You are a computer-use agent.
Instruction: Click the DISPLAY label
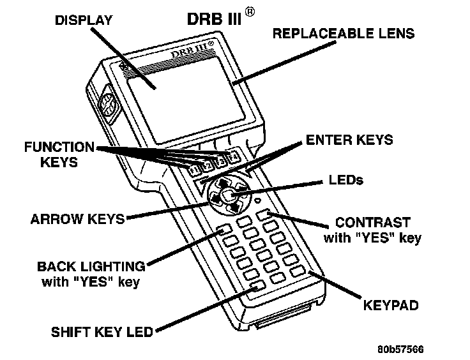[83, 20]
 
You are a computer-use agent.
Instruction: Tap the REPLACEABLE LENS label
[344, 33]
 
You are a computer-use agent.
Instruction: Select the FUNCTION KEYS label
[59, 154]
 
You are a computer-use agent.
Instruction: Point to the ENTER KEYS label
[349, 139]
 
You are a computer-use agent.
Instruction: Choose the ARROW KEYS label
[77, 219]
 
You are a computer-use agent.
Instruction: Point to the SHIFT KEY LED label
[103, 332]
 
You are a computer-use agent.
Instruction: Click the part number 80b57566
[400, 349]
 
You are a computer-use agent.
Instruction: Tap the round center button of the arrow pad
[229, 195]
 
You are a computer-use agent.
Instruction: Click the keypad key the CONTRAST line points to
[266, 214]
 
